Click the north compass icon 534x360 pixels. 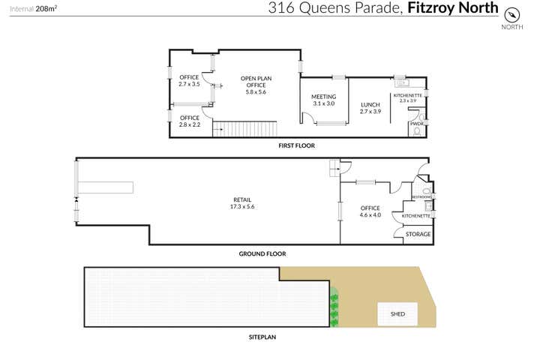(512, 14)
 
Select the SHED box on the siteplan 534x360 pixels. (397, 313)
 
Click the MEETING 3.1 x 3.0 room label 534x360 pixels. (323, 100)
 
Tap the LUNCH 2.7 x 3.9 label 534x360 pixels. (370, 108)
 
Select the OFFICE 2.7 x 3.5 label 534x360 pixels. (189, 81)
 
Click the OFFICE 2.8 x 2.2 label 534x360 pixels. (190, 121)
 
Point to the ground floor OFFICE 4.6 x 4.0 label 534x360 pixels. (370, 211)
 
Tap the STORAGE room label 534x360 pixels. (418, 234)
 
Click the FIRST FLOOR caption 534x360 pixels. (296, 145)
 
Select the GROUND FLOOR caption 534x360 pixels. (262, 253)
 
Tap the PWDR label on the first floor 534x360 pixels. (416, 123)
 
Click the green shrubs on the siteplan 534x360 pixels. (334, 310)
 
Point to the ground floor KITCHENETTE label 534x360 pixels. (416, 216)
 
